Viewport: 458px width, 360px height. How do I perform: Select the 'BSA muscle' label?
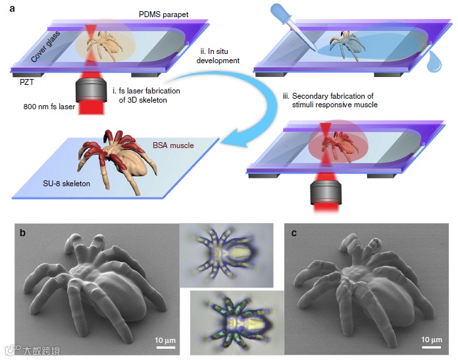coord(172,145)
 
